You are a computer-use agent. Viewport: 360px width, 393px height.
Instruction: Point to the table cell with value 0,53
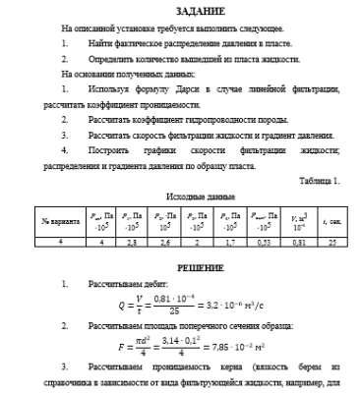click(263, 241)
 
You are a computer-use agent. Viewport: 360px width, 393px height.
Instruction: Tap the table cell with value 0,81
click(299, 241)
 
